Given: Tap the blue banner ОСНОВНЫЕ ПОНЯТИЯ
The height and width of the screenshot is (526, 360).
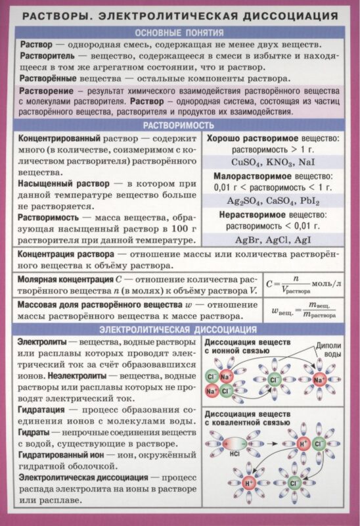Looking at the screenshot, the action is point(179,32).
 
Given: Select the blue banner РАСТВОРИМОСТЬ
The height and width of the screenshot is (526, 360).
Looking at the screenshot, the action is point(179,126).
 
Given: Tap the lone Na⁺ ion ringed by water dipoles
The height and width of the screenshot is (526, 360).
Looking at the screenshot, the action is point(320,381).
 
